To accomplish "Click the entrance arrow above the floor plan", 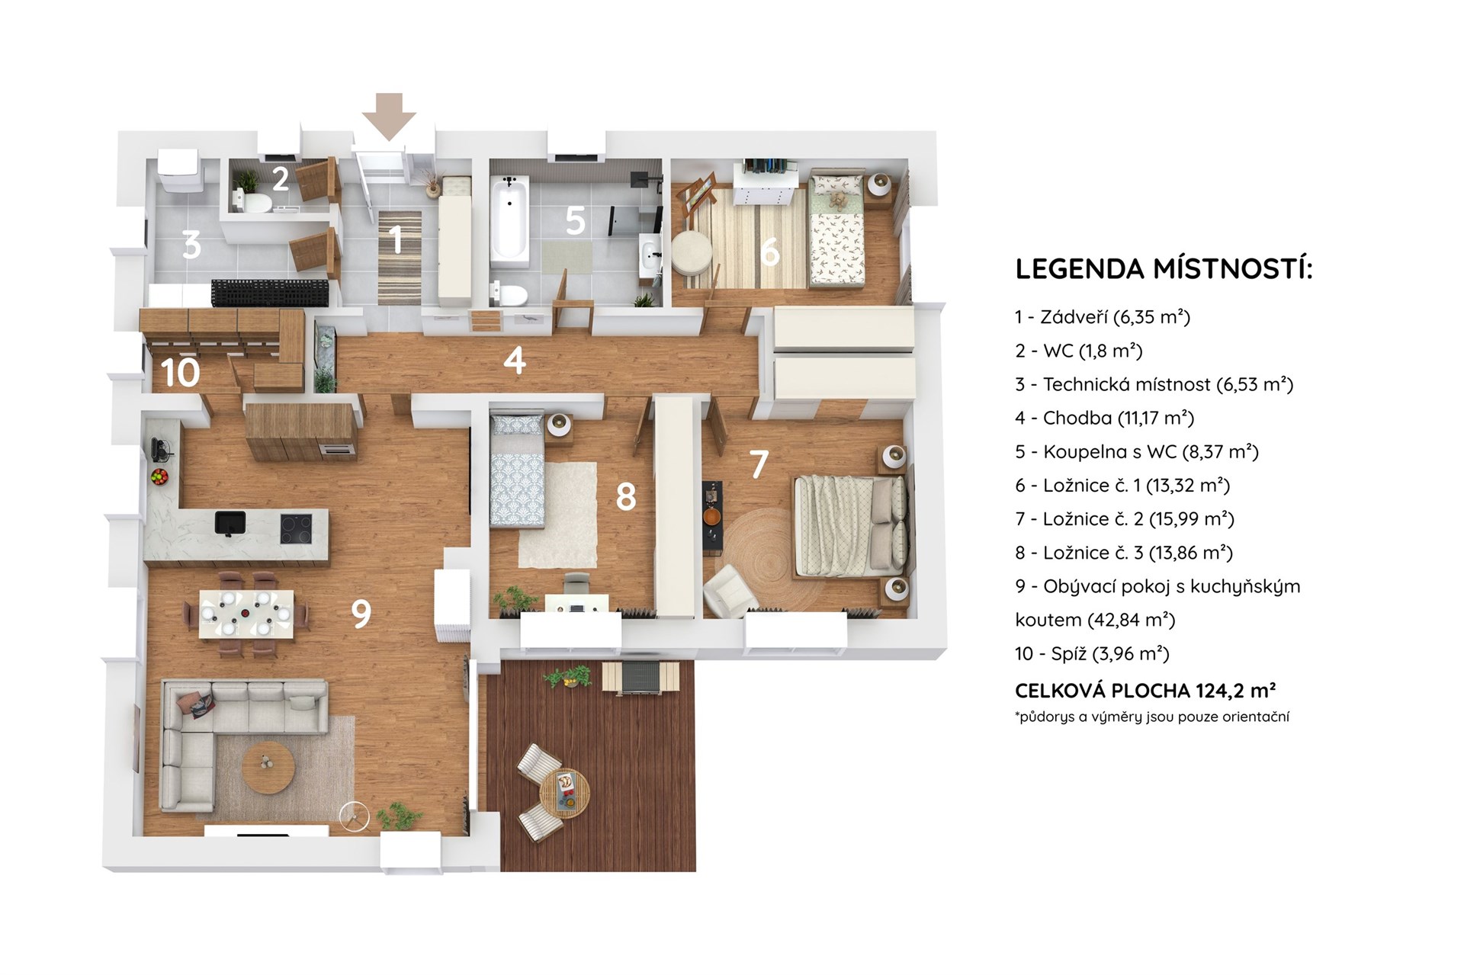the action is click(389, 116).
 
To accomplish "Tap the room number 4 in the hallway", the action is click(515, 360).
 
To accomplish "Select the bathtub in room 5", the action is click(509, 221).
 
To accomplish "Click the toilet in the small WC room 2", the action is click(255, 202).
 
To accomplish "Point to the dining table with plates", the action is click(246, 614).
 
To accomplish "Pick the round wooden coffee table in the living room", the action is click(268, 768).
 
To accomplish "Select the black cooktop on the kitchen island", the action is click(296, 528).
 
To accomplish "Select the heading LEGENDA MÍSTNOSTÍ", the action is click(1164, 268).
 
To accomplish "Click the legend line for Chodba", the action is click(1104, 418).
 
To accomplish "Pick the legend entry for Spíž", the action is click(1092, 653).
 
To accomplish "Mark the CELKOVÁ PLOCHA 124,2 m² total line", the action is click(1145, 691).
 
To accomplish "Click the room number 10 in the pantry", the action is click(181, 373).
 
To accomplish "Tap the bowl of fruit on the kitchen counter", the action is click(159, 477).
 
